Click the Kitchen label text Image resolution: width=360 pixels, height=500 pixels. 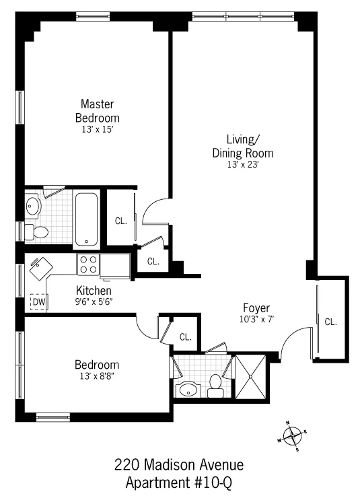point(94,291)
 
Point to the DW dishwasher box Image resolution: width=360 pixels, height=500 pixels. point(39,303)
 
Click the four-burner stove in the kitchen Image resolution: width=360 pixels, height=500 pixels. point(89,265)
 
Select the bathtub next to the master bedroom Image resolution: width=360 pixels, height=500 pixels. point(87,219)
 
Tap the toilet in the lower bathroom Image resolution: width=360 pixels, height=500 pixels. point(215,383)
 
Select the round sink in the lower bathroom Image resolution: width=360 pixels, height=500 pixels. point(188,390)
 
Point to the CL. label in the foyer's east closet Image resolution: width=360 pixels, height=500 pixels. point(330,322)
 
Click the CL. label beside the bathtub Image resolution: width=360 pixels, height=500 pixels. point(120,220)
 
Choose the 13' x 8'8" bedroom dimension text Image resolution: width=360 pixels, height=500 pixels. point(98,376)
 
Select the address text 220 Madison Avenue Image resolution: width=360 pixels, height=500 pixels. point(179,465)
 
